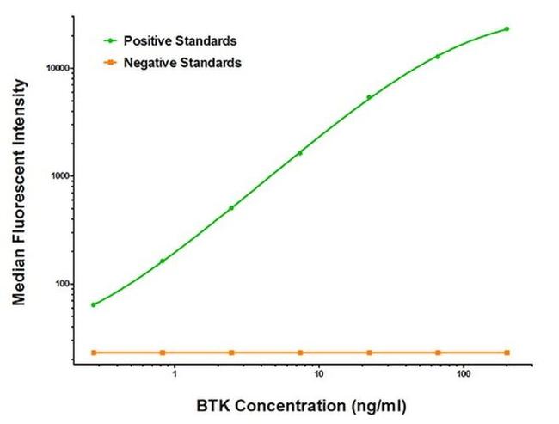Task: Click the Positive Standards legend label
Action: (180, 40)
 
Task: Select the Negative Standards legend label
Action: (182, 63)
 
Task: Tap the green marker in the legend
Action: (109, 40)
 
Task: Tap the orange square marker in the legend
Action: (109, 63)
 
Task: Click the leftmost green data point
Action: (93, 304)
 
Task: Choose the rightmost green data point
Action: (507, 28)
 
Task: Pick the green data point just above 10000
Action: (438, 57)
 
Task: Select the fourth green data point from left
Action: (300, 153)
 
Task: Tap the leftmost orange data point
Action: (93, 353)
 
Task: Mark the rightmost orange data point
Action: (507, 353)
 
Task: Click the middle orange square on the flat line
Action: (300, 353)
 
